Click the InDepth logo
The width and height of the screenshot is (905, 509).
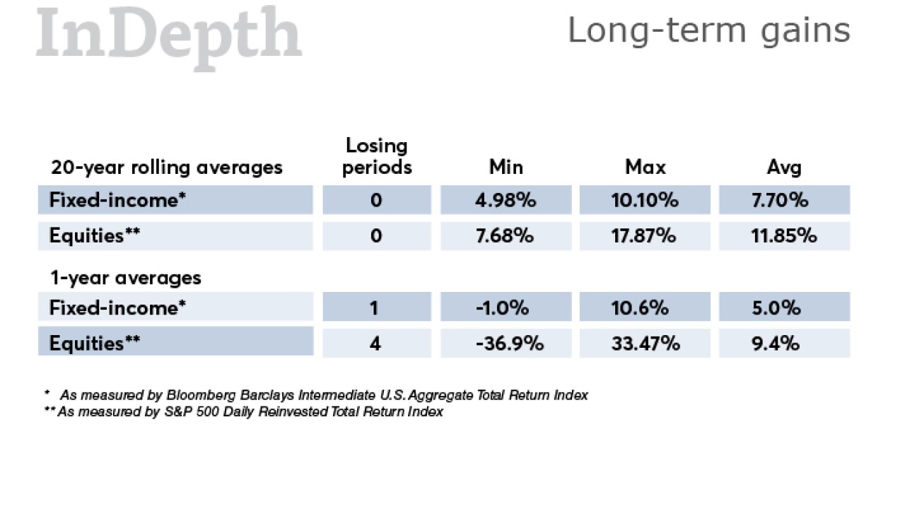(169, 35)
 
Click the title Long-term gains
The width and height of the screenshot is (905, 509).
(708, 30)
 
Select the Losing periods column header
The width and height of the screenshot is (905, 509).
(377, 156)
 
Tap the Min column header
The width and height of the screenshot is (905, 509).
(506, 167)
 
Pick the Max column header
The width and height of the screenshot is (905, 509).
(645, 167)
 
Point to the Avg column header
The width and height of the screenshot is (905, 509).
(784, 167)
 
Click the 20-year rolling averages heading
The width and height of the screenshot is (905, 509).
(167, 168)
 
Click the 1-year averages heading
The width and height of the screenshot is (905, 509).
(125, 278)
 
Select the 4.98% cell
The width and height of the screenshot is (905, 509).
(506, 200)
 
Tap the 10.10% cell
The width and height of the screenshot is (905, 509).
(645, 200)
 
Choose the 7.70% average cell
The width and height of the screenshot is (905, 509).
(784, 200)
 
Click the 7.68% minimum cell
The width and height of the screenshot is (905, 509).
(506, 235)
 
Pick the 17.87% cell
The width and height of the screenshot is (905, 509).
(645, 235)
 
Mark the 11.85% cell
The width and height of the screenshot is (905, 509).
(784, 235)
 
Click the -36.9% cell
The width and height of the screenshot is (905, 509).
(506, 344)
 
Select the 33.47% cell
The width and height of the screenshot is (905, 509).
(645, 344)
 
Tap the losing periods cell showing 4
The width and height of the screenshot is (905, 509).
(376, 344)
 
